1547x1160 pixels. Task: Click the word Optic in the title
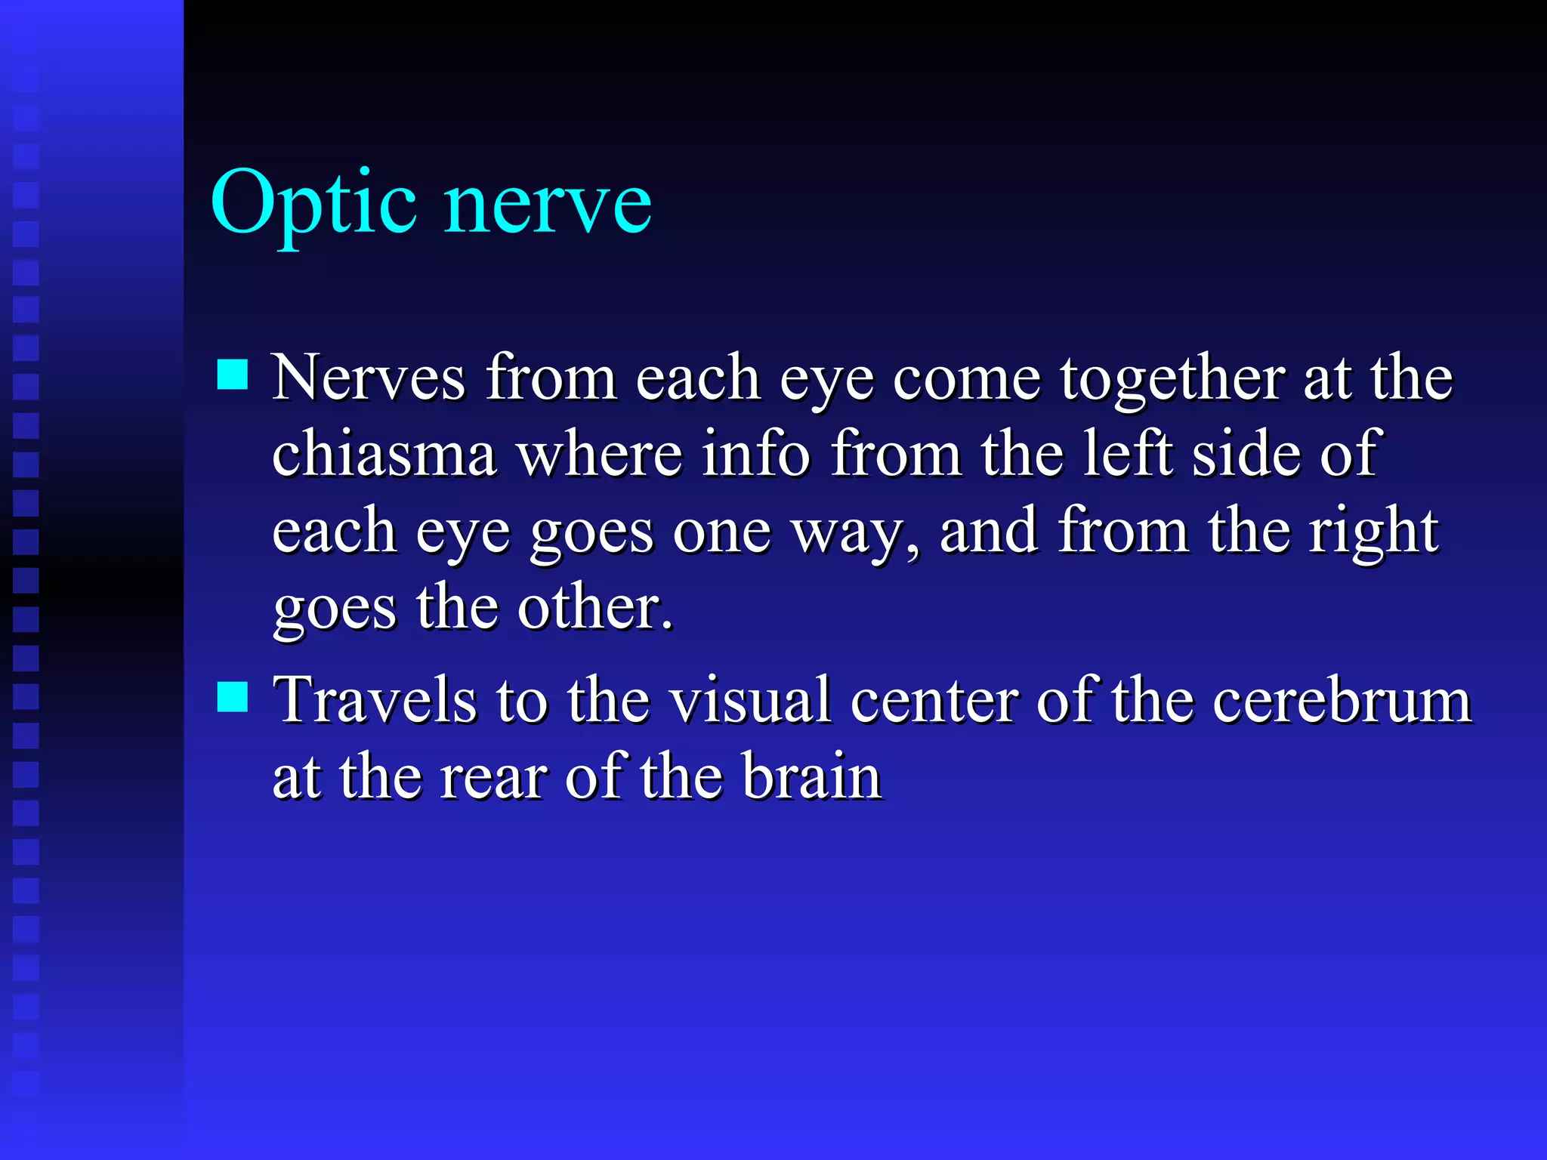pyautogui.click(x=313, y=202)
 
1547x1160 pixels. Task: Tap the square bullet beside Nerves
pyautogui.click(x=232, y=374)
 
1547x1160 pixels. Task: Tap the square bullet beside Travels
pyautogui.click(x=232, y=697)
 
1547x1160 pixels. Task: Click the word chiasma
pyautogui.click(x=384, y=453)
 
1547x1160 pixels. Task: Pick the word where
pyautogui.click(x=599, y=453)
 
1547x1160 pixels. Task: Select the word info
pyautogui.click(x=756, y=453)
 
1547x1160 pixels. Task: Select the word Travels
pyautogui.click(x=375, y=700)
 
